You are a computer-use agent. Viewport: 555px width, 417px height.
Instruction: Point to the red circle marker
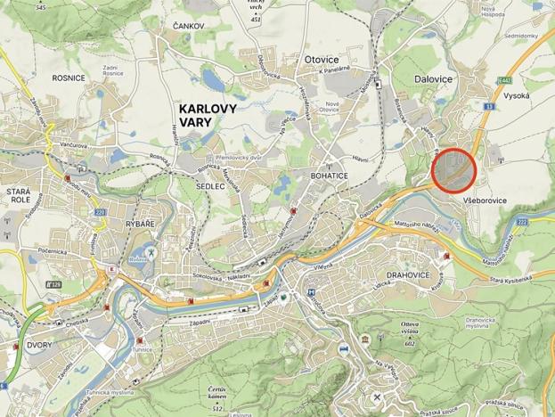click(x=454, y=168)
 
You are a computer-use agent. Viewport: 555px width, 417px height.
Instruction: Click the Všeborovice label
click(x=486, y=201)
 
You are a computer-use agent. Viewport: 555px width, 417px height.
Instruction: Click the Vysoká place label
click(x=517, y=94)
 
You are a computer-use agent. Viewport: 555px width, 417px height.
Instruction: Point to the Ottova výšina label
click(x=411, y=326)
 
